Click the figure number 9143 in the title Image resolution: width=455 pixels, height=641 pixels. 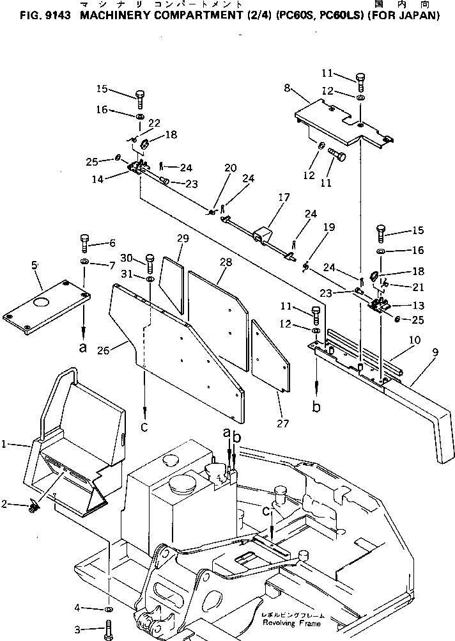click(x=58, y=15)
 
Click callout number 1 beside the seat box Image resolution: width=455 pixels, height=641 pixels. click(x=6, y=443)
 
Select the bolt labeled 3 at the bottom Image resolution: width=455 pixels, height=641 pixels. click(x=107, y=628)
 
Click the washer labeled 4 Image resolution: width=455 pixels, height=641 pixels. click(x=109, y=607)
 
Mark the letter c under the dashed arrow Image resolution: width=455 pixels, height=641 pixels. click(x=146, y=427)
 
